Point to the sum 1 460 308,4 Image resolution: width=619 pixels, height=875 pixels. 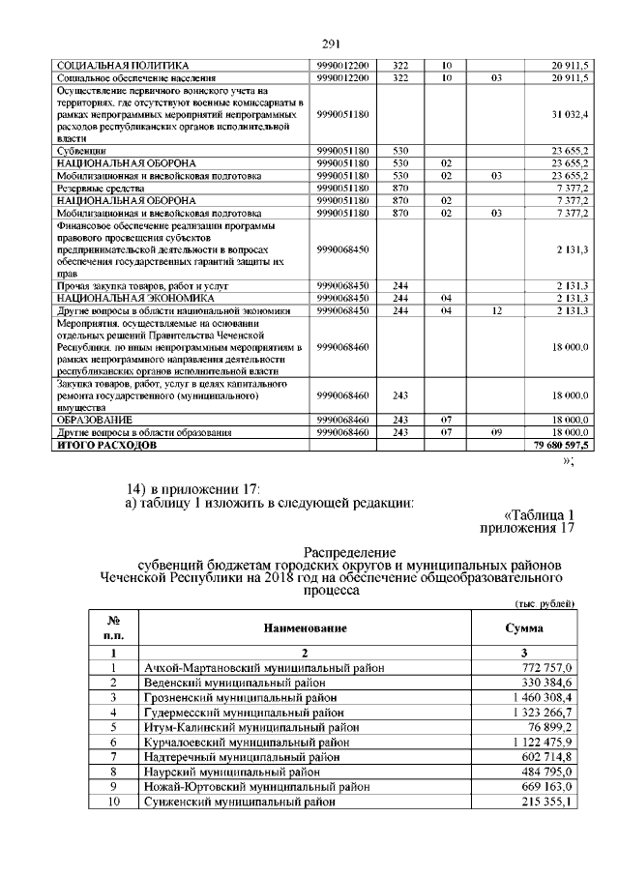[543, 695]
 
